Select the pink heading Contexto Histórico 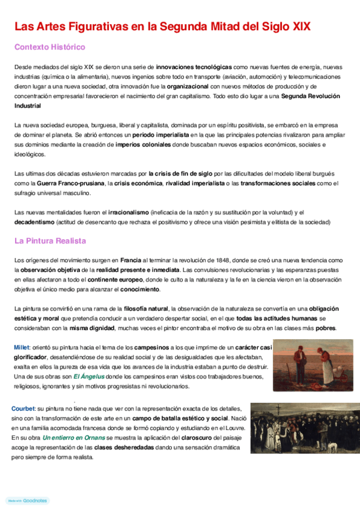(49, 47)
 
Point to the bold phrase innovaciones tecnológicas (194, 67)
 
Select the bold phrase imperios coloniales (141, 144)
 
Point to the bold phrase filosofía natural (139, 308)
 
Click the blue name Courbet (23, 409)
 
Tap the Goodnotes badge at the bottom (28, 500)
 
